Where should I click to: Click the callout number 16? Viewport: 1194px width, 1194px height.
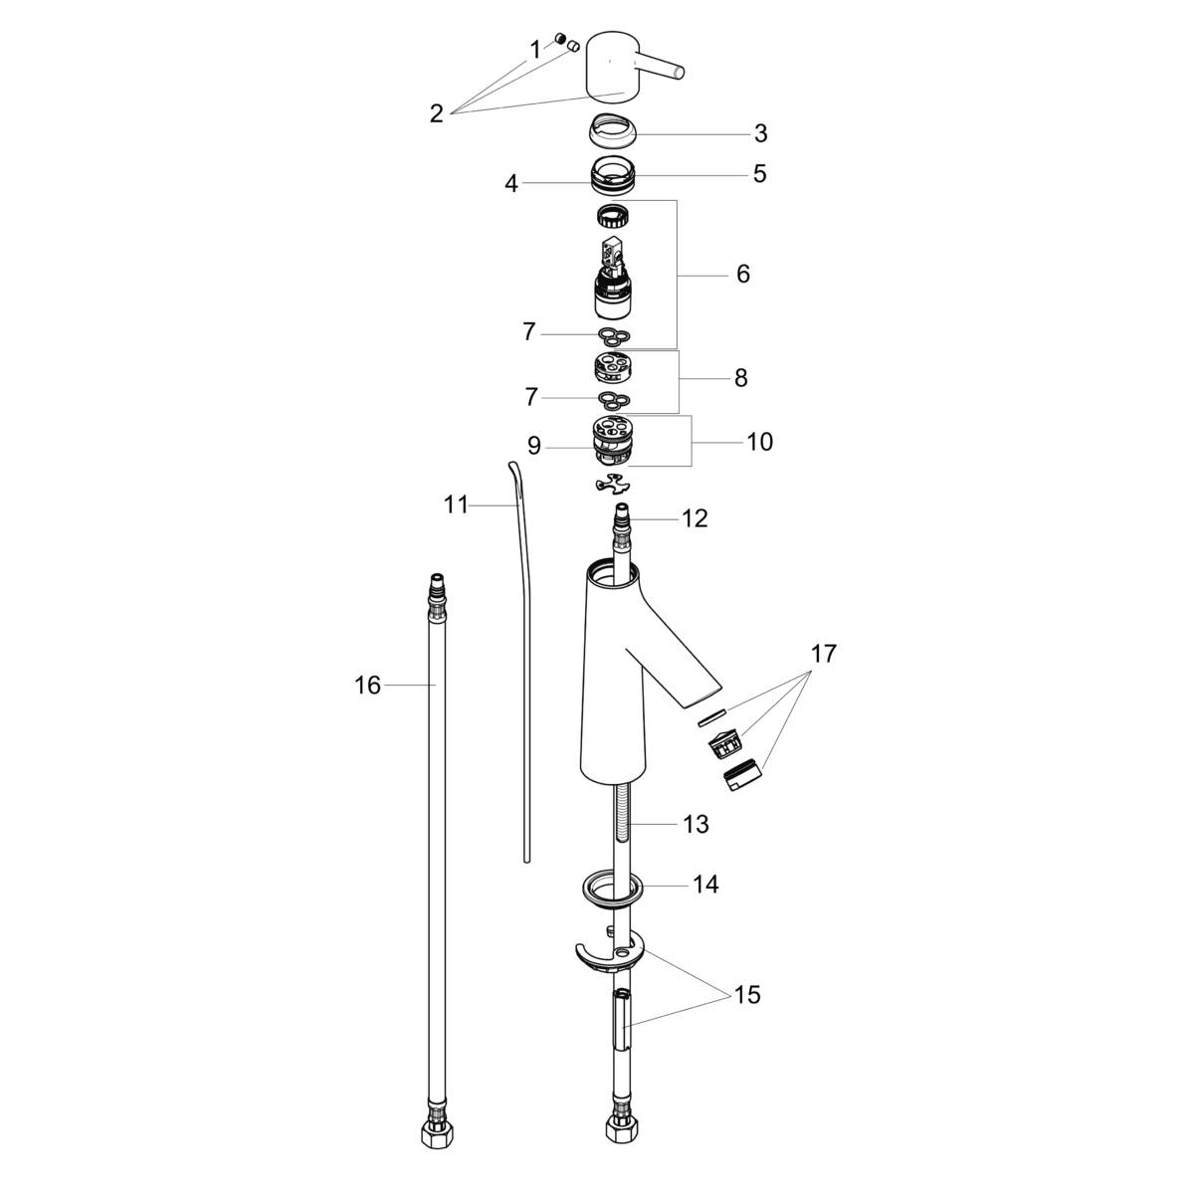[x=367, y=686]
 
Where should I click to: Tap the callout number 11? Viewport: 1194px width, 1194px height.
[x=456, y=505]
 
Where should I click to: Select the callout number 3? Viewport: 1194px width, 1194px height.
[x=761, y=133]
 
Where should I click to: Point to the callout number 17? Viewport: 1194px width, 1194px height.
[x=824, y=653]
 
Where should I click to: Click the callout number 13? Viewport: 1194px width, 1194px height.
[x=696, y=824]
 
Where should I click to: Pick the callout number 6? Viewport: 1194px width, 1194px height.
[x=743, y=274]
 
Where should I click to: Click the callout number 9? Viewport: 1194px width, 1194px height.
[x=534, y=446]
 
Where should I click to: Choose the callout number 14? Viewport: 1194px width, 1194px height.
[x=705, y=885]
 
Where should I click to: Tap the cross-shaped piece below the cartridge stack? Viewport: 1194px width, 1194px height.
[x=612, y=484]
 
